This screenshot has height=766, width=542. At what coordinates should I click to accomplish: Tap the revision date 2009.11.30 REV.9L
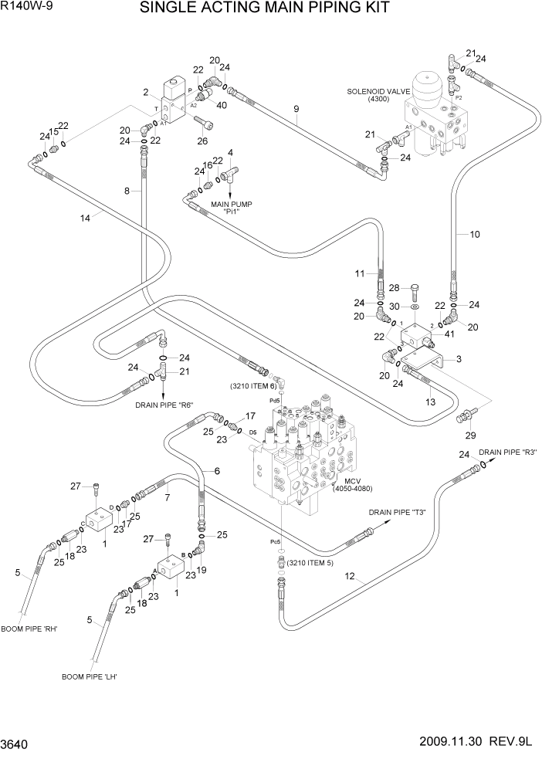pos(477,745)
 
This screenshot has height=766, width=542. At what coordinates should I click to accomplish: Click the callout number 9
pos(296,109)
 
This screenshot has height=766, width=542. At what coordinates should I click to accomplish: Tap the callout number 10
pos(475,233)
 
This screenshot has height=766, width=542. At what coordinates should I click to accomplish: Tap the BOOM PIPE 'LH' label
pos(93,676)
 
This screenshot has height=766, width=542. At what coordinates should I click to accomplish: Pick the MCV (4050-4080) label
pos(352,485)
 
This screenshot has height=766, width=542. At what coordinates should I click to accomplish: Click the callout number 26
pos(203,141)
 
